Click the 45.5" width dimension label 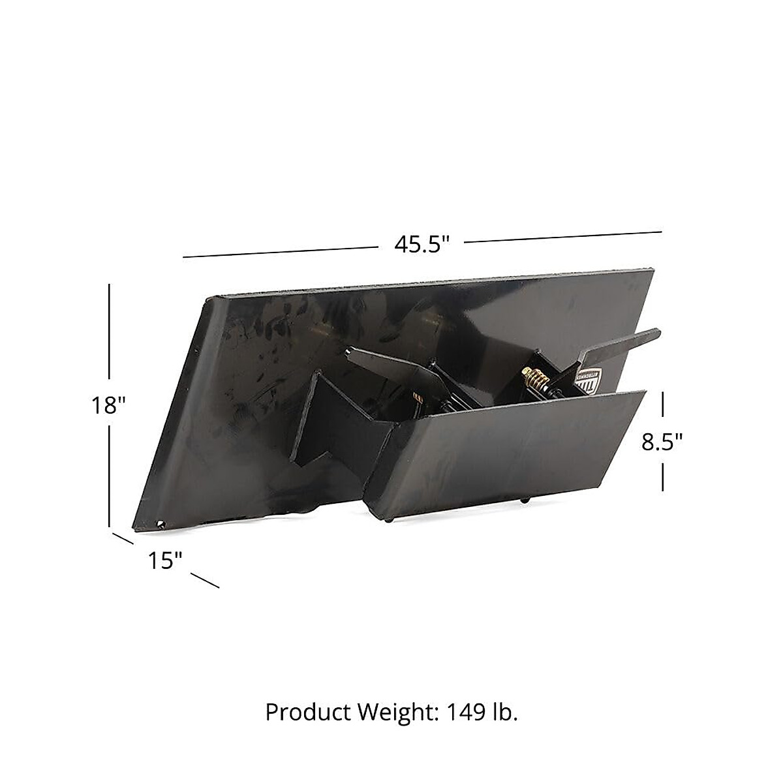(x=422, y=244)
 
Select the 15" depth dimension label (x=162, y=559)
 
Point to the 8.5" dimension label (x=662, y=442)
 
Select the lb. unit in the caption (x=505, y=713)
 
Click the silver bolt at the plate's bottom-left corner (x=160, y=521)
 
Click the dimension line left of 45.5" (x=281, y=253)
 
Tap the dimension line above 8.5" (x=663, y=404)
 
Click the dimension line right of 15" (x=205, y=581)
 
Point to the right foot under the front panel (x=526, y=500)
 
